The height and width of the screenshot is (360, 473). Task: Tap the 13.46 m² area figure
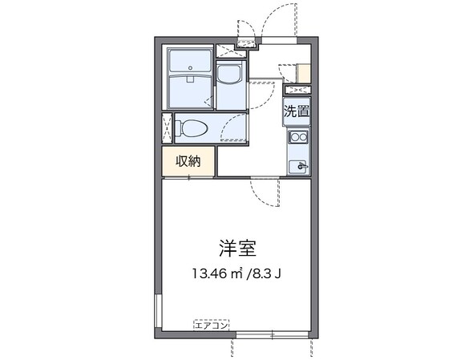click(216, 273)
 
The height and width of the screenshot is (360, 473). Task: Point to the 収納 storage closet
click(189, 161)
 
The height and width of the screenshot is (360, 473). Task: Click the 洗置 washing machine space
click(296, 111)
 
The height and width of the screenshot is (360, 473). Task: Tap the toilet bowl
click(191, 127)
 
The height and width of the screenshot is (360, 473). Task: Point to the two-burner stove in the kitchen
click(298, 138)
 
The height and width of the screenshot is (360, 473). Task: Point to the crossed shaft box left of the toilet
click(167, 128)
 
